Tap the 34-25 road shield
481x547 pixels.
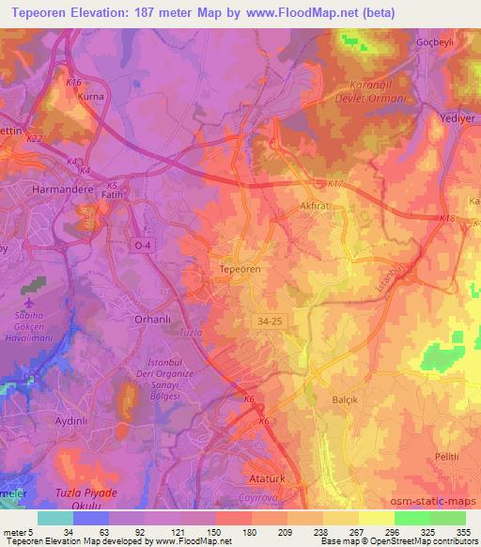(x=270, y=321)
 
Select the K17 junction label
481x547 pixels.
(x=336, y=184)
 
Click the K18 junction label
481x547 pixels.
(x=446, y=219)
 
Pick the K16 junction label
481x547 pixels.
(x=73, y=83)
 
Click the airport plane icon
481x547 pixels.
(x=28, y=305)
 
